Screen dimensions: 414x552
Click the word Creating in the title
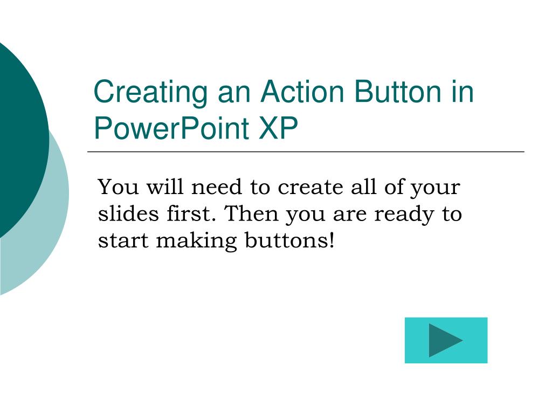(x=150, y=93)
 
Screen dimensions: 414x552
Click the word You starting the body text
(x=115, y=188)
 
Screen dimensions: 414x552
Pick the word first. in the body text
(x=189, y=214)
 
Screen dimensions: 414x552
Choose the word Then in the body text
(x=251, y=214)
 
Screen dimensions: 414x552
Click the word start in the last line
(x=123, y=241)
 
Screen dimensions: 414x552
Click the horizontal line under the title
(x=306, y=152)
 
